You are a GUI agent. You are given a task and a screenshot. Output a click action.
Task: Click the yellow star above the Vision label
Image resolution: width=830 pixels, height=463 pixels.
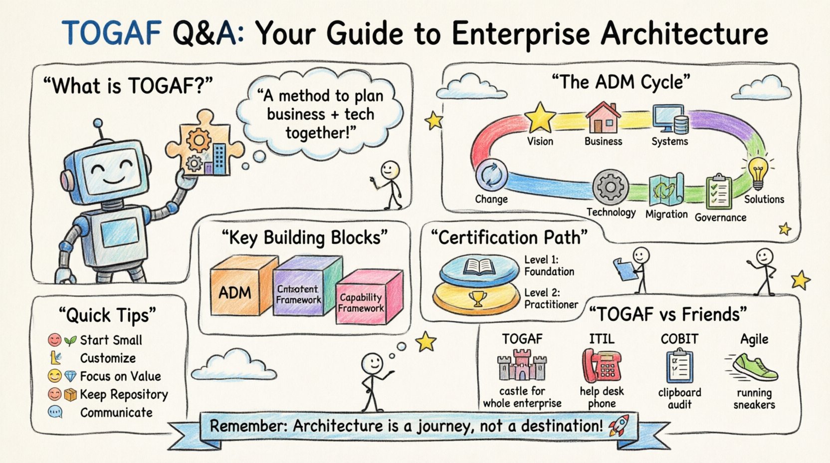coord(540,118)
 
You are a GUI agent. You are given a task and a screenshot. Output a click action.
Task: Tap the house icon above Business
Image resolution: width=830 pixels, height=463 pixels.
coord(603,118)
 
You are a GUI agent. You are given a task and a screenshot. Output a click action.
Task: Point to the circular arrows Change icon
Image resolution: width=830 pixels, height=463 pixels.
coord(491,175)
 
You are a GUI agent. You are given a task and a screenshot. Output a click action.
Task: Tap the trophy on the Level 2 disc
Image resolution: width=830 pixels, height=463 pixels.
coord(478,298)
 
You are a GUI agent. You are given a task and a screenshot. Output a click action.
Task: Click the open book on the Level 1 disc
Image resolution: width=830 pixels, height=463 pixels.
coord(479,267)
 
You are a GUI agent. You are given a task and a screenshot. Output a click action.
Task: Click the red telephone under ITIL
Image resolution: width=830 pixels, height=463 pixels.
coord(602,366)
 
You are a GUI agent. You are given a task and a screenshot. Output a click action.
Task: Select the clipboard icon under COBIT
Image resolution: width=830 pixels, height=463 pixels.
coord(679,367)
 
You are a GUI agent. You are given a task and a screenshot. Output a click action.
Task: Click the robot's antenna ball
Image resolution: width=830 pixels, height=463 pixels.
coord(98,123)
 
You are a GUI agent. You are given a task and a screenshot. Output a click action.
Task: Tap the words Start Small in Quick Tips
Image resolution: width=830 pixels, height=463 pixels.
coord(111,340)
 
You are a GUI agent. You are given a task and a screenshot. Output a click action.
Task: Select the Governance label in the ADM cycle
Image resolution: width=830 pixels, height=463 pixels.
coord(720,218)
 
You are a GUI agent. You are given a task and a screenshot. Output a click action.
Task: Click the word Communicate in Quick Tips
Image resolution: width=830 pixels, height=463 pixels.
coord(116,413)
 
